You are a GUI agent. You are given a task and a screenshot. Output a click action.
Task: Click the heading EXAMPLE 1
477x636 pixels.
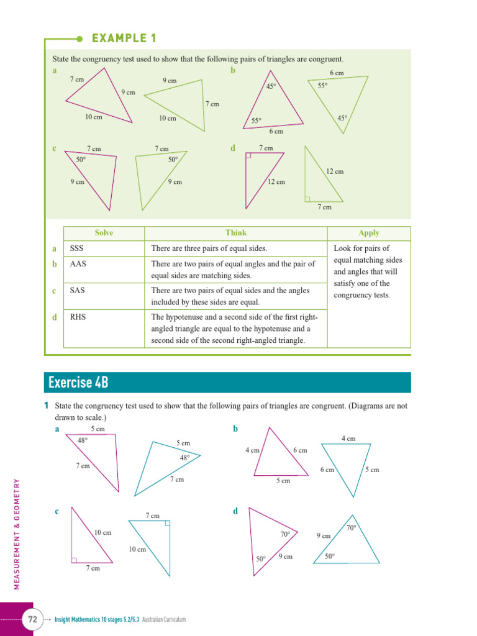[x=124, y=39]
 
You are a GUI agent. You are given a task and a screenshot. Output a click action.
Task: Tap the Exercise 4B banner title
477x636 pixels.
[x=78, y=383]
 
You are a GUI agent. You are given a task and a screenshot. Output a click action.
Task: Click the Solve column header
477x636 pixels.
[x=104, y=233]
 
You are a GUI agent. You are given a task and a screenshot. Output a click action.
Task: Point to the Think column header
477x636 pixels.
[x=236, y=233]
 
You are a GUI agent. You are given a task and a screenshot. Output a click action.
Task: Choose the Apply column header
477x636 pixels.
[x=369, y=233]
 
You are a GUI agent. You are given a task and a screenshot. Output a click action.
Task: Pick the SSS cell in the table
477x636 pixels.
[x=77, y=248]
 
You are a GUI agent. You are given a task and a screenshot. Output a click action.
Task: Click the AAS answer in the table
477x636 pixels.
[x=78, y=264]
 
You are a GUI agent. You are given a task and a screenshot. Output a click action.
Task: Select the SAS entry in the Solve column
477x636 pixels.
[x=77, y=290]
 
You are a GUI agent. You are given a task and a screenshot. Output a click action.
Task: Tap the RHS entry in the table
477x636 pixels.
[x=78, y=316]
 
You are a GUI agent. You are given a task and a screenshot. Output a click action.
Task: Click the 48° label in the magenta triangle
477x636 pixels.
[x=83, y=440]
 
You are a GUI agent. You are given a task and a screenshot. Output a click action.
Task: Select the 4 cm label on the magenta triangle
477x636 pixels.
[x=252, y=450]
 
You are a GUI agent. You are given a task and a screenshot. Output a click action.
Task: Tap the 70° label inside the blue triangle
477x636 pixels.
[x=351, y=528]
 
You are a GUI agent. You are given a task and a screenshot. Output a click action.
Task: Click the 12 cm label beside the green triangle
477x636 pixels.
[x=335, y=171]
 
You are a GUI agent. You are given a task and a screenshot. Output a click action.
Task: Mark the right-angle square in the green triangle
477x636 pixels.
[x=307, y=199]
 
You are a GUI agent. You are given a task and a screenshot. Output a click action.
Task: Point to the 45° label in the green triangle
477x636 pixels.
[x=342, y=118]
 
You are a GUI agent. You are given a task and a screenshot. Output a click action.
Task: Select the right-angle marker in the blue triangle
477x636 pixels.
[x=167, y=524]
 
